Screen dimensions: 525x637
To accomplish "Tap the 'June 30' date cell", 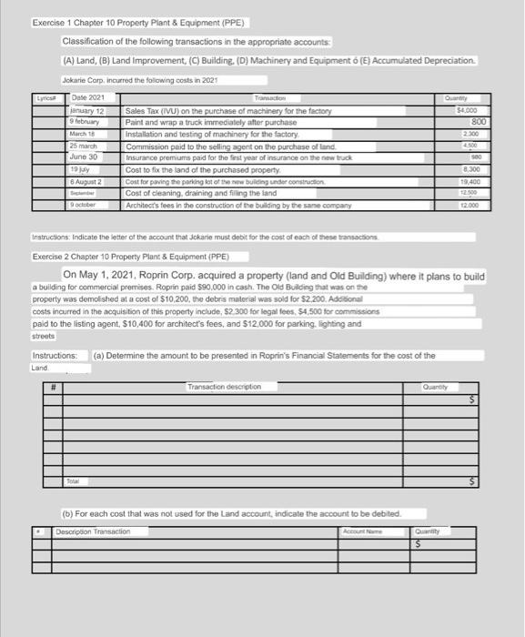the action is [x=90, y=156].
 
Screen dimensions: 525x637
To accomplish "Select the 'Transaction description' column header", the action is [x=224, y=386].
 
